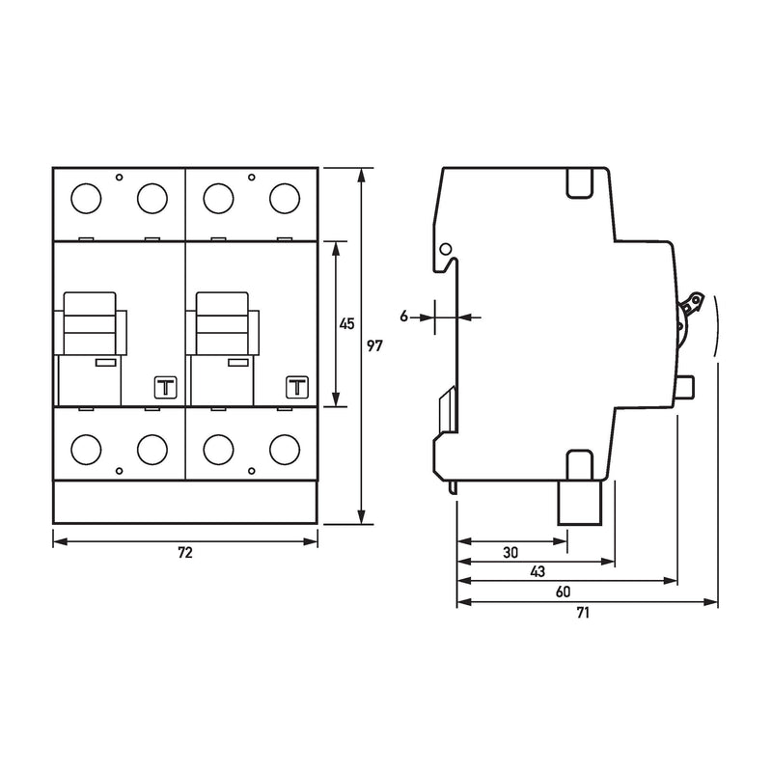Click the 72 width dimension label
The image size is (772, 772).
(185, 553)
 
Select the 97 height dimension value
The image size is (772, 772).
(374, 346)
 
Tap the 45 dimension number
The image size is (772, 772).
(347, 324)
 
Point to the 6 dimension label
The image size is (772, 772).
(404, 317)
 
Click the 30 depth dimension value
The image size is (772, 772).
(510, 552)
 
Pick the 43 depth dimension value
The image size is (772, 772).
(538, 571)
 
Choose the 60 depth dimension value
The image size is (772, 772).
(563, 592)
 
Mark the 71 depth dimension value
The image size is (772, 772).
(583, 613)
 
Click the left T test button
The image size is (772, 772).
(165, 388)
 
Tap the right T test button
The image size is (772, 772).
(297, 388)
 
